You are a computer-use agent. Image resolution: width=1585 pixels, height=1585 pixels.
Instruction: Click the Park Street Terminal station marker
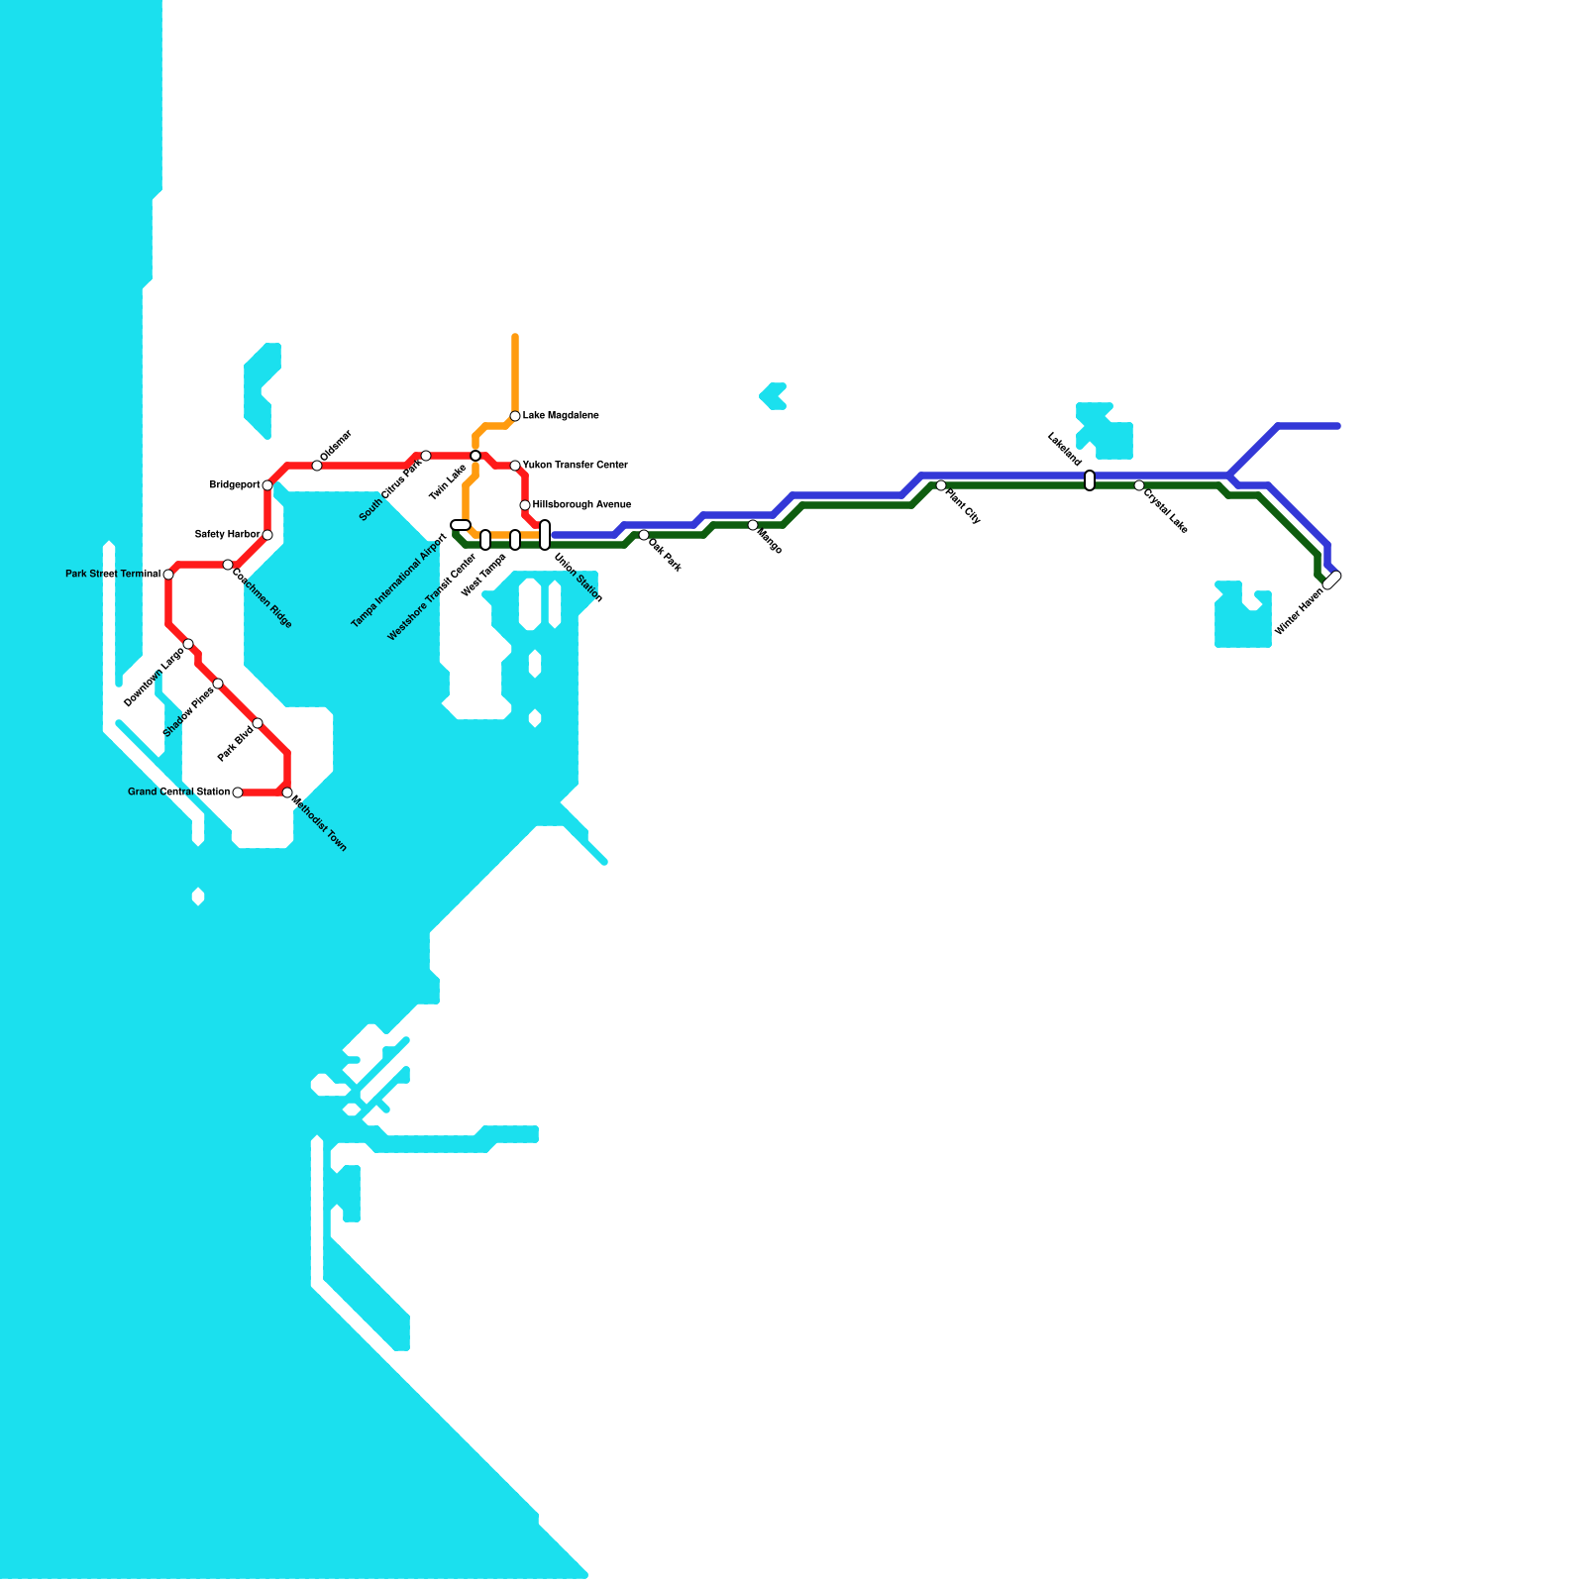[x=168, y=575]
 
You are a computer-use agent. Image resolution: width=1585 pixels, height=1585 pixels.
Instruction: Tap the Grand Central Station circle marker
[x=238, y=792]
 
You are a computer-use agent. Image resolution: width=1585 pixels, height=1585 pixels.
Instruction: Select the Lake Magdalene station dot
[x=515, y=416]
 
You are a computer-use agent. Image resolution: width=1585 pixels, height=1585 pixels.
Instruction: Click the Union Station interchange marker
[x=545, y=535]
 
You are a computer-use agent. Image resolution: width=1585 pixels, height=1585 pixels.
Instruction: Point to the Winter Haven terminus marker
[x=1332, y=581]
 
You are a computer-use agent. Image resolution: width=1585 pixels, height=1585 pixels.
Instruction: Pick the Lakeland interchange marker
[x=1090, y=480]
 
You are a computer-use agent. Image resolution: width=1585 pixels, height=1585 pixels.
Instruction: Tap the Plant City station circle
[x=941, y=485]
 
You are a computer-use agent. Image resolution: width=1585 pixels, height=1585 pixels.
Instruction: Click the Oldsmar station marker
[x=317, y=466]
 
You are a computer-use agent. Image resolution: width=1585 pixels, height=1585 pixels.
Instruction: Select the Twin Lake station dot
[x=475, y=456]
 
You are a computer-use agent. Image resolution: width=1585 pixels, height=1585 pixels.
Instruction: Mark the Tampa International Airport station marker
[x=461, y=525]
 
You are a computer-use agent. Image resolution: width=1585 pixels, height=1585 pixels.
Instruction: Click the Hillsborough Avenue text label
[x=581, y=505]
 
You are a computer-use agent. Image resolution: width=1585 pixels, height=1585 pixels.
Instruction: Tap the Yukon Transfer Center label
[x=576, y=465]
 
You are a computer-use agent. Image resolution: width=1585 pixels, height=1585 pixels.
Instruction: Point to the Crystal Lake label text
[x=1165, y=508]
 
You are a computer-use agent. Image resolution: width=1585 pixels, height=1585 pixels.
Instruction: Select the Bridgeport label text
[x=235, y=485]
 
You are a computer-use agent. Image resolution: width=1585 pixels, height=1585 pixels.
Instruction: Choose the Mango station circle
[x=753, y=525]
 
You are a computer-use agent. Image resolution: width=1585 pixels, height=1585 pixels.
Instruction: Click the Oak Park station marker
[x=644, y=535]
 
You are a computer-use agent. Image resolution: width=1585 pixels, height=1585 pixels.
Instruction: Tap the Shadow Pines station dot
[x=218, y=684]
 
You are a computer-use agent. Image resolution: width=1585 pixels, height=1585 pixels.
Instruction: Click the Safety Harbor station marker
[x=267, y=535]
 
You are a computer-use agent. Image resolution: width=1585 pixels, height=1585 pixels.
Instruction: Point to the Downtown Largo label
[x=155, y=678]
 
